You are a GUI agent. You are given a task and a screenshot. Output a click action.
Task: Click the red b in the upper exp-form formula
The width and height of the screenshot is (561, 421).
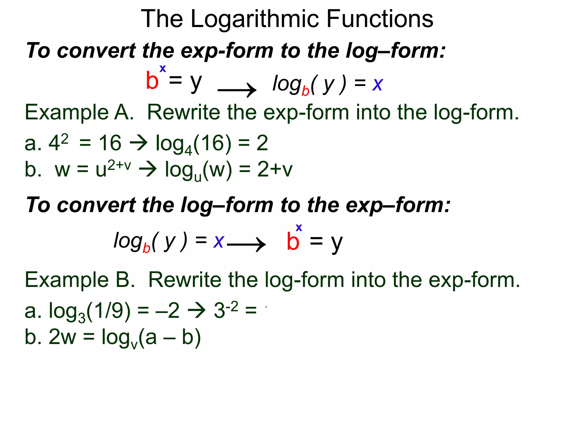(152, 81)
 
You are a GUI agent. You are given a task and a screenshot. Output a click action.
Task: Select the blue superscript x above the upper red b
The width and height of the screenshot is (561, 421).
(163, 69)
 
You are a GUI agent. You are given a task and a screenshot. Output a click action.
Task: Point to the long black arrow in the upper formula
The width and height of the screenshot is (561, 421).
(237, 90)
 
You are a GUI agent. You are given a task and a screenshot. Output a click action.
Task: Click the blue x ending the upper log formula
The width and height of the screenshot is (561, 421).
(377, 84)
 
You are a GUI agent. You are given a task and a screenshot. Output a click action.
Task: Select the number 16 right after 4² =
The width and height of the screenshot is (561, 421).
(110, 143)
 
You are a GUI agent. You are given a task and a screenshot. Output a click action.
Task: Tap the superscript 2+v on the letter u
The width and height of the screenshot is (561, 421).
(119, 165)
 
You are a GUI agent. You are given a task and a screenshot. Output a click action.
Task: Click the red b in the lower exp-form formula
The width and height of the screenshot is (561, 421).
(293, 241)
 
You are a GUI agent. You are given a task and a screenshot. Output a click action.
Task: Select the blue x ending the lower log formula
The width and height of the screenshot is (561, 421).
(219, 241)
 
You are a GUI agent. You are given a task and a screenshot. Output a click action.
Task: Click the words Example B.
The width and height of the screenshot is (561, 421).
(80, 280)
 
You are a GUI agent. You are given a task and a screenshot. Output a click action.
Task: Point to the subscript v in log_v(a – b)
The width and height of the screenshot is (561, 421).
(134, 345)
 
